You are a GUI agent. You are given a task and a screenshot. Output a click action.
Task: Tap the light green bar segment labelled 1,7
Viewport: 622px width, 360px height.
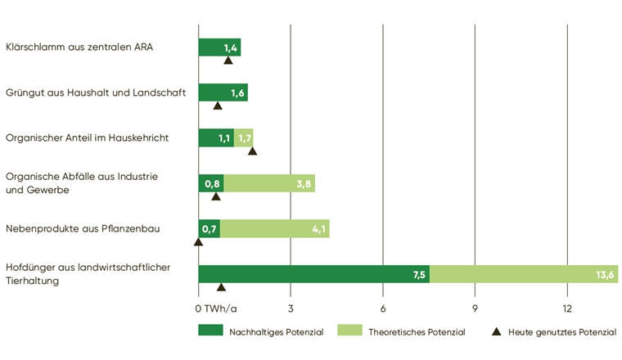tap(244, 137)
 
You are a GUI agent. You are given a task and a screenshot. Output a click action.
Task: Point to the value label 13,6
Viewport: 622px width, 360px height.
tap(606, 275)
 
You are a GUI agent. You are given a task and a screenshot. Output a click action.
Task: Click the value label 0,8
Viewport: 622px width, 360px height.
tap(211, 183)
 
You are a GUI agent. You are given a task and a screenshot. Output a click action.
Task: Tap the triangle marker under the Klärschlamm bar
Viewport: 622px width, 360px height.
tap(228, 61)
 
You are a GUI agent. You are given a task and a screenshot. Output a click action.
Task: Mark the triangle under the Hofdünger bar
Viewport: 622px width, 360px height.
tap(221, 287)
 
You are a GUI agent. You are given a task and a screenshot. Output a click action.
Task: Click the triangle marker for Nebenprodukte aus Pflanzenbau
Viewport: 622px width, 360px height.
tap(198, 242)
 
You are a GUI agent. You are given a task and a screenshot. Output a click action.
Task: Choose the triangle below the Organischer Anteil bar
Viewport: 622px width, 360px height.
tap(252, 151)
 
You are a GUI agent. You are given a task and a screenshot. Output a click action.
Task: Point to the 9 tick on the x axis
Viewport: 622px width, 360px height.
tap(476, 308)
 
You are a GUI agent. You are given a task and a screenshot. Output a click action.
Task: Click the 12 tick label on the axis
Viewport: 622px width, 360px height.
tap(567, 308)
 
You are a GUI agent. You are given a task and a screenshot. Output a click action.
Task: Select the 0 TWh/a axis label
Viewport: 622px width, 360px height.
tap(216, 308)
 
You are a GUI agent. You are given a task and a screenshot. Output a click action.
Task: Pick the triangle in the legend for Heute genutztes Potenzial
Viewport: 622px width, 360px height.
tap(496, 331)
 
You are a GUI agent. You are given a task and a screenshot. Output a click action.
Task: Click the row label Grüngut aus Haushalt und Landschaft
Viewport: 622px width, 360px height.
tap(96, 92)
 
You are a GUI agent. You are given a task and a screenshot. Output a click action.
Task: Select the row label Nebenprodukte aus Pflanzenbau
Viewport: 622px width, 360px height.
tap(82, 228)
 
